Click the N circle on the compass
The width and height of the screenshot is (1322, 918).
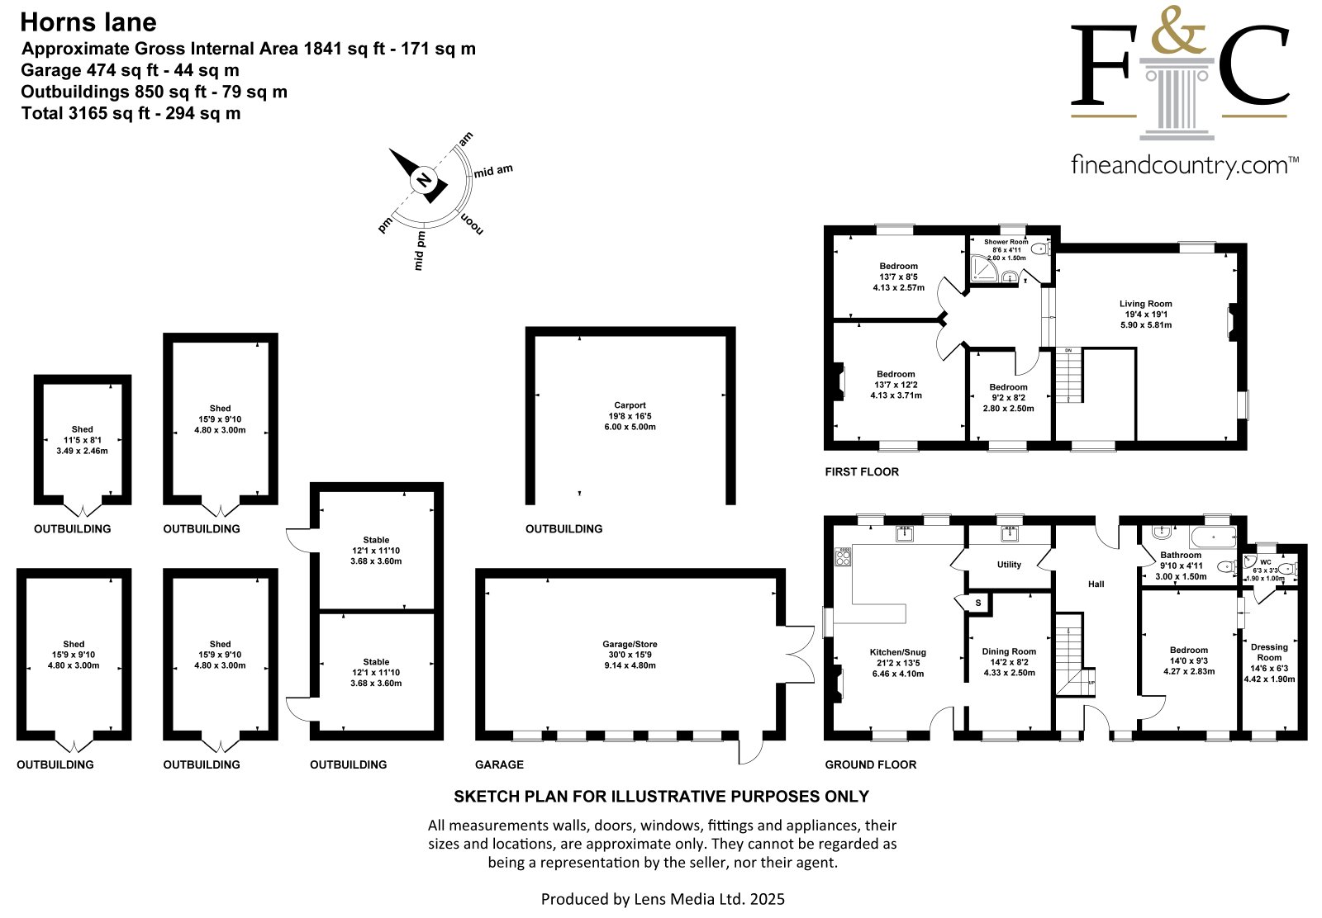click(x=424, y=180)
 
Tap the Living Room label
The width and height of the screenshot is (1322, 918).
click(x=1145, y=315)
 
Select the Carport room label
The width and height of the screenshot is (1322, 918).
click(x=630, y=416)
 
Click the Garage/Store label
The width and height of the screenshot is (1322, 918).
click(x=630, y=655)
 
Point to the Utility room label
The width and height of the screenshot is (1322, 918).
click(x=1009, y=564)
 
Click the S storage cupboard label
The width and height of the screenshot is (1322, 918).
click(x=978, y=603)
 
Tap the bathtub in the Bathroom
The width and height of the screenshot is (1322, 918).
click(x=1213, y=537)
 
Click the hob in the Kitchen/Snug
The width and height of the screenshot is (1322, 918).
click(x=843, y=556)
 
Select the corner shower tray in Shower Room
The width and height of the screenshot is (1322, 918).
click(x=984, y=267)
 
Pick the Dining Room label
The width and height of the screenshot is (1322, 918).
click(x=1009, y=661)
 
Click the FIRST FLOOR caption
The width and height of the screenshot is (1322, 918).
click(x=862, y=471)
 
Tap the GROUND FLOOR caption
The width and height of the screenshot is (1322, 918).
click(x=871, y=764)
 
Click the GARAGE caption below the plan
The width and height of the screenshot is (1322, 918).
click(x=499, y=764)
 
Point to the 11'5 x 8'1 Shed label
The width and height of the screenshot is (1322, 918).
click(x=82, y=440)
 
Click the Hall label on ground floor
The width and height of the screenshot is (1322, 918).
click(x=1096, y=584)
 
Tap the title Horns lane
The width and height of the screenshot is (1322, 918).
click(x=88, y=22)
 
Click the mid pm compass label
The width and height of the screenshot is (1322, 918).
click(x=419, y=251)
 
